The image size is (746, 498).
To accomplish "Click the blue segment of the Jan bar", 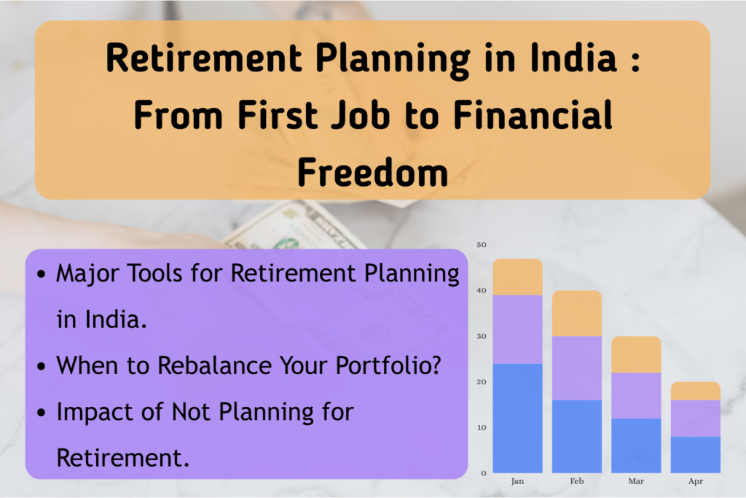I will [517, 418].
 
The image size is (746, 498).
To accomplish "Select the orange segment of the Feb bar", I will [576, 314].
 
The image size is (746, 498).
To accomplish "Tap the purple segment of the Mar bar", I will [636, 395].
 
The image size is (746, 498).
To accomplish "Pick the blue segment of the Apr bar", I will [695, 454].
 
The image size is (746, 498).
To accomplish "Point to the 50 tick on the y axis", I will [480, 245].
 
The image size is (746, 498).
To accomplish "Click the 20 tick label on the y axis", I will [480, 382].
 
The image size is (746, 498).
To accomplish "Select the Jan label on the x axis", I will [517, 482].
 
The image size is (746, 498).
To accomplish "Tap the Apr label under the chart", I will [695, 482].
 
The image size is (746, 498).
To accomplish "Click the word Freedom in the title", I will [372, 172].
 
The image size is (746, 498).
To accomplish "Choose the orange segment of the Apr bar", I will [695, 391].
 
